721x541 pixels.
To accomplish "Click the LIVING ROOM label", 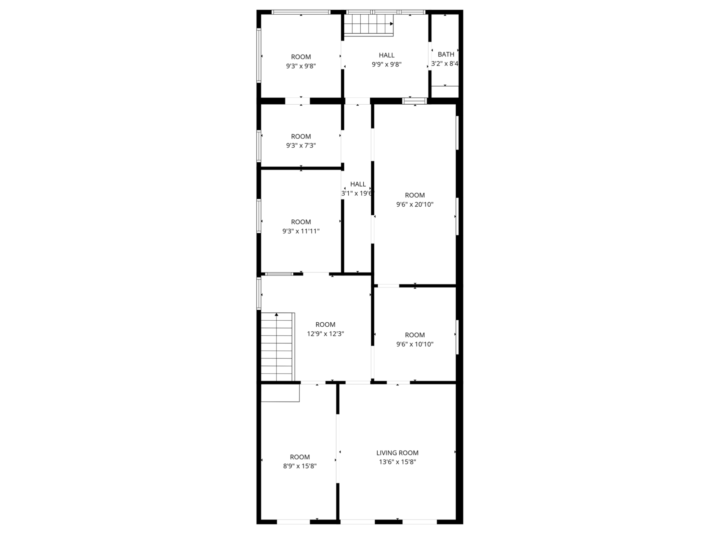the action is (397, 453).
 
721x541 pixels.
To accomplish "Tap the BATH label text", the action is (446, 54).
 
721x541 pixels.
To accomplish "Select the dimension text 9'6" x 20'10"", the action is (415, 204).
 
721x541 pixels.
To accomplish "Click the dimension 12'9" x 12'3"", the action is (325, 334).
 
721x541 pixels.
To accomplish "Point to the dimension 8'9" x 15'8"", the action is (300, 466).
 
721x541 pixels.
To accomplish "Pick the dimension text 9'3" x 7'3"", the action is (301, 145).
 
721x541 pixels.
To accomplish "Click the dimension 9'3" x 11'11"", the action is (301, 231).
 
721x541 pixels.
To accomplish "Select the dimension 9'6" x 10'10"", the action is (415, 344).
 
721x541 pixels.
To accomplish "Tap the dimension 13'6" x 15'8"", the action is (397, 462).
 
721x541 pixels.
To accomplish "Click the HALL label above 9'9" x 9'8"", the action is (386, 55).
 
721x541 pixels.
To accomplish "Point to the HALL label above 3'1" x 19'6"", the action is (358, 184).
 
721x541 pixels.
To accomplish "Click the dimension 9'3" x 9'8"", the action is (301, 66).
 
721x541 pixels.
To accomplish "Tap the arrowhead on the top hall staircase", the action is (392, 24).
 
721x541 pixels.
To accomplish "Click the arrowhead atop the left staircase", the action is (276, 314).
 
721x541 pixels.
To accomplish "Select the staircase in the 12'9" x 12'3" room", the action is (278, 347).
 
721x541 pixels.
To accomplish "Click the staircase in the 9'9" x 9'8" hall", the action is (369, 25).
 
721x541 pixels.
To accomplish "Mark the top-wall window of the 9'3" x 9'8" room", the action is (301, 12).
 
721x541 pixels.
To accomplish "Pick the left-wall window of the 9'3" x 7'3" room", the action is (259, 146).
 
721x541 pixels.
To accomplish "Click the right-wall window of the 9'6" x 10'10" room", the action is (457, 337).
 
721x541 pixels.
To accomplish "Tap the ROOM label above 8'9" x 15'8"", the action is (300, 457).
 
